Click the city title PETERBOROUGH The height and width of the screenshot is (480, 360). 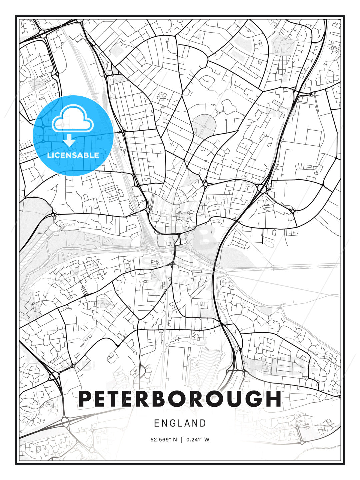click(180, 399)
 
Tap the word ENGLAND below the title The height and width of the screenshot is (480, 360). click(180, 423)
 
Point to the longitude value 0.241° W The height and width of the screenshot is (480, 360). click(198, 439)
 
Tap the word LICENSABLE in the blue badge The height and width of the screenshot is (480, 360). click(73, 155)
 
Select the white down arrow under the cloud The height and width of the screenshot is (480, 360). click(69, 140)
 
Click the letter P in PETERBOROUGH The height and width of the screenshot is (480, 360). click(86, 399)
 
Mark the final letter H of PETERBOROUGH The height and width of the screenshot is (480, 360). click(273, 399)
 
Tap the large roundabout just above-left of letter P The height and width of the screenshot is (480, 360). click(54, 376)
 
